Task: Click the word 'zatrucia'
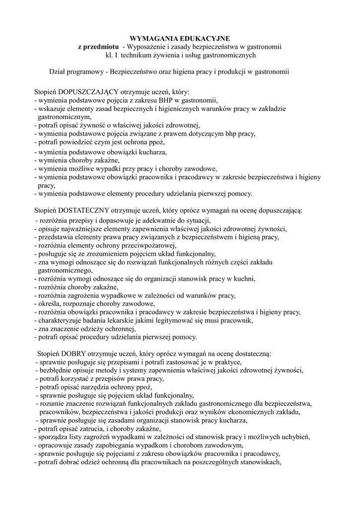[91, 429]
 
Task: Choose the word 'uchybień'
[293, 437]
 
